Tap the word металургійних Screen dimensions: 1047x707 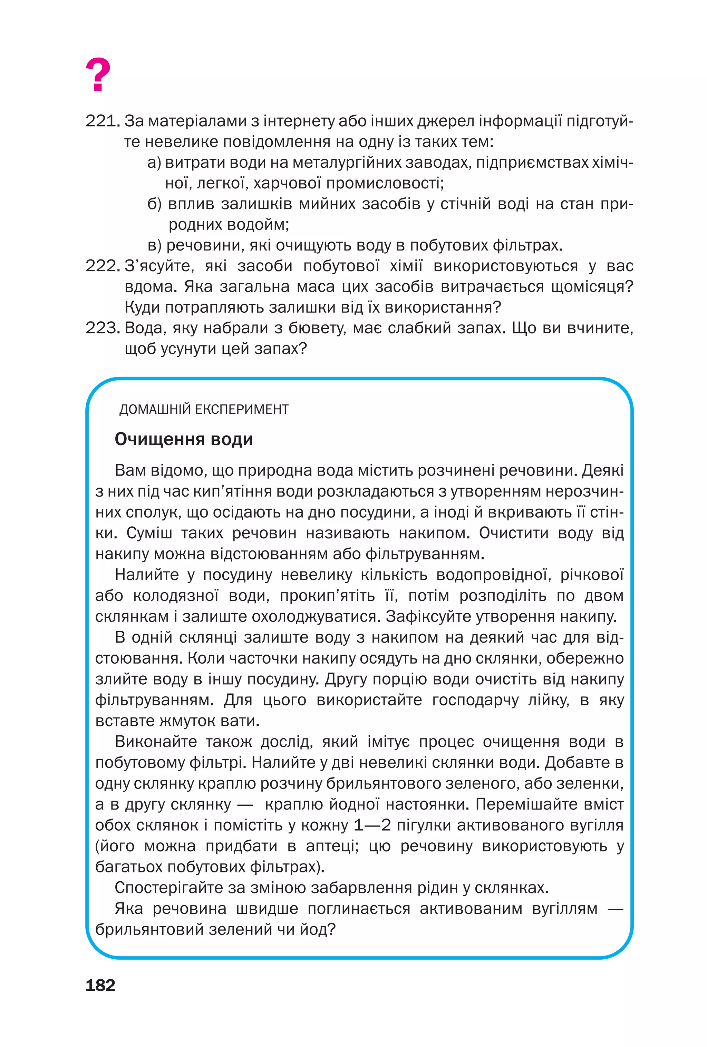(x=346, y=163)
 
